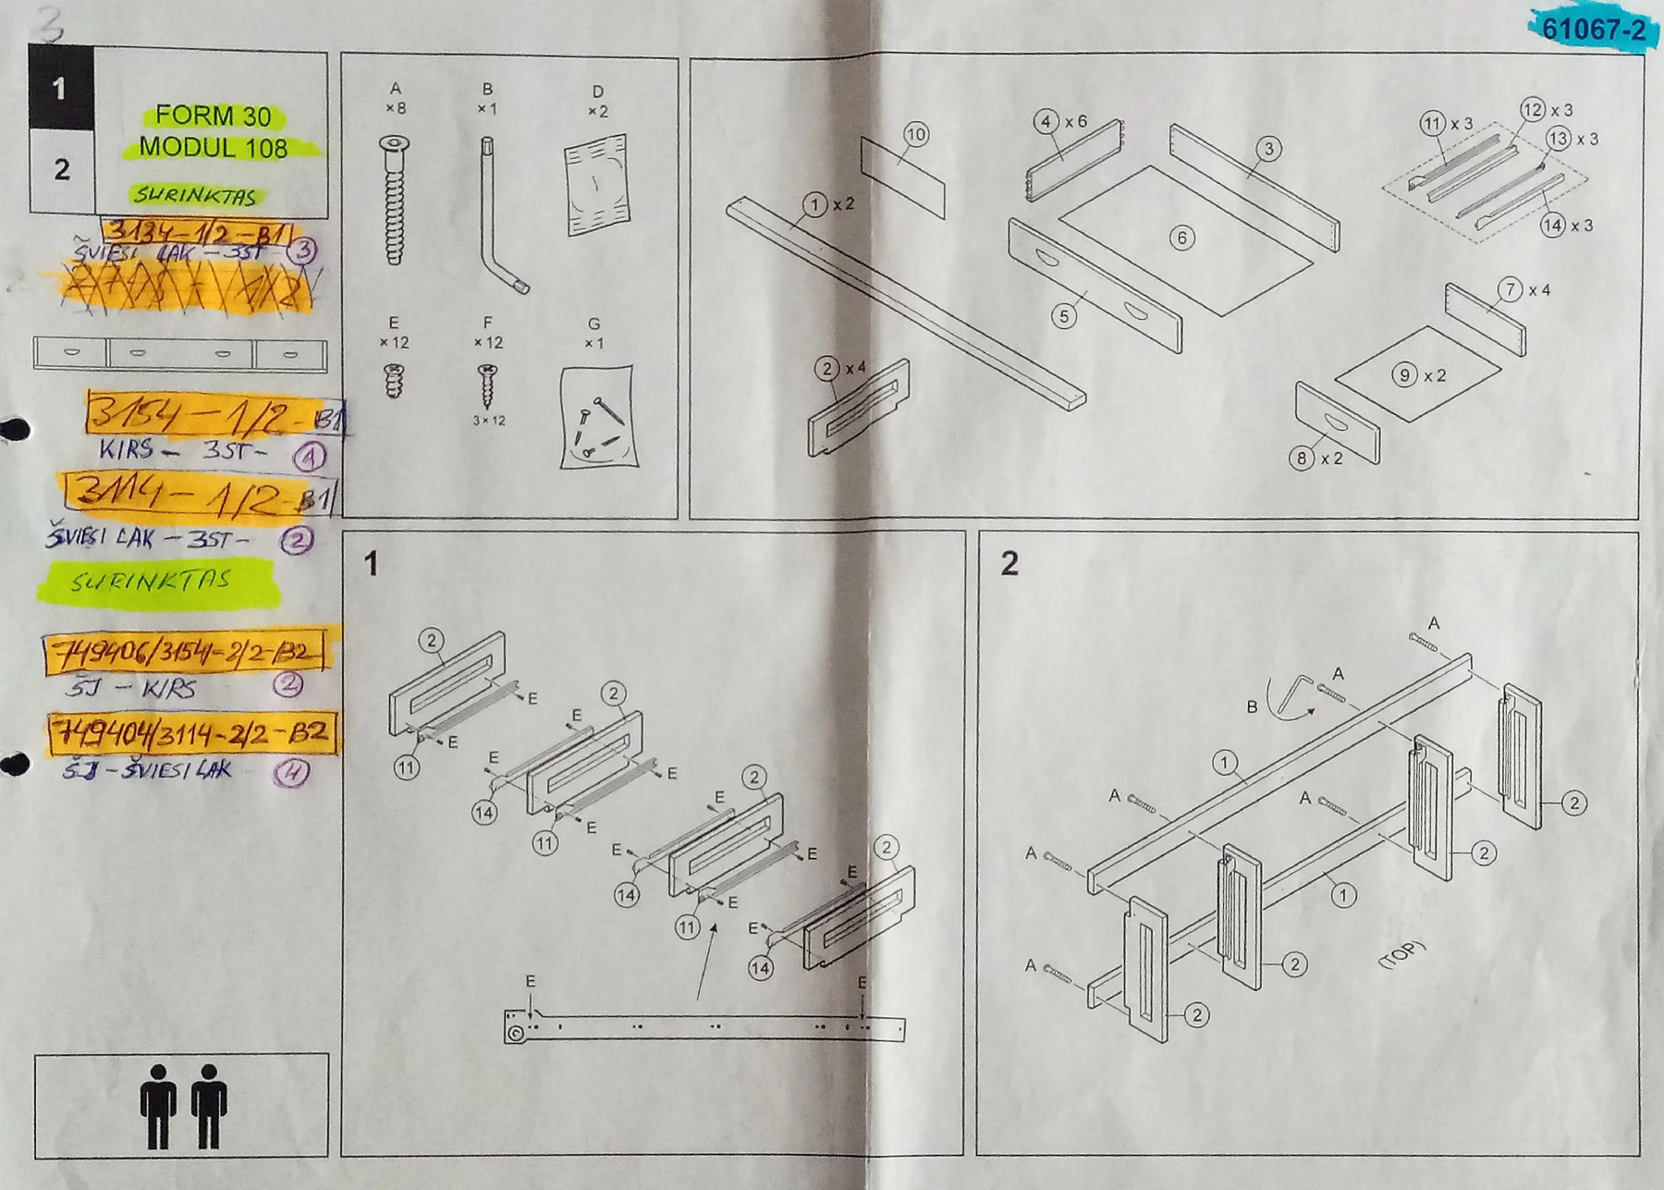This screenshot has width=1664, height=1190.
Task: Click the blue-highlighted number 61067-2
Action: tap(1593, 30)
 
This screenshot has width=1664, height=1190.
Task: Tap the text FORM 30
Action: tap(213, 117)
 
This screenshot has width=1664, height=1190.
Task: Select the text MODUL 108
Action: tap(213, 148)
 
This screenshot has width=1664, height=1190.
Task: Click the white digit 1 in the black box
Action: tap(60, 89)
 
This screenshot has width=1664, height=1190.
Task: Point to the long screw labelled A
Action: tap(395, 200)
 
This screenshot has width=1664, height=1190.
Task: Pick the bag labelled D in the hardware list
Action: tap(596, 185)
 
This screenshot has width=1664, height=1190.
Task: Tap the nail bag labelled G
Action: tap(598, 416)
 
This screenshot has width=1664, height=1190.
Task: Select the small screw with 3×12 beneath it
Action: tap(487, 384)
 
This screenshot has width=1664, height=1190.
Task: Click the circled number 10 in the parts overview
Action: tap(915, 135)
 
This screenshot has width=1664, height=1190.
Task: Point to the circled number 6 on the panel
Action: tap(1181, 238)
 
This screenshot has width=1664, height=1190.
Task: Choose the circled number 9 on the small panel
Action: tap(1404, 375)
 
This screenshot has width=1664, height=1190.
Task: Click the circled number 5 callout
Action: tap(1064, 316)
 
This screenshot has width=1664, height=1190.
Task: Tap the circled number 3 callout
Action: tap(1268, 149)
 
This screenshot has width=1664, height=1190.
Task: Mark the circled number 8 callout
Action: tap(1302, 458)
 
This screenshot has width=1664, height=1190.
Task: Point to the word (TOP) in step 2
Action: tap(1401, 954)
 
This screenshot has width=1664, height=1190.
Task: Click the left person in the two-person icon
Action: tap(159, 1105)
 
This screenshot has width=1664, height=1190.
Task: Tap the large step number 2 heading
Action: tap(1009, 563)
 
